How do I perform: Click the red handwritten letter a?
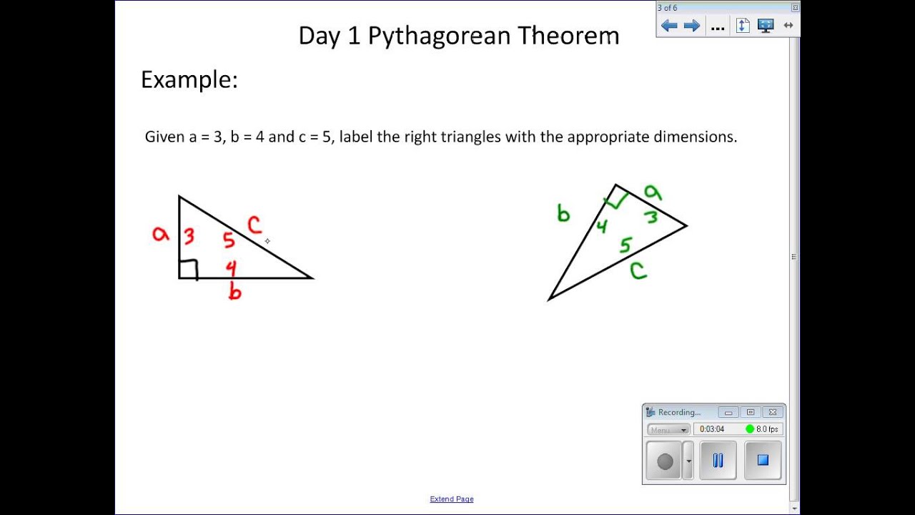click(x=161, y=234)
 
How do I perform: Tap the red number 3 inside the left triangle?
click(x=189, y=236)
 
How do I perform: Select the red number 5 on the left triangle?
click(x=229, y=240)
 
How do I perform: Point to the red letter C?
click(x=254, y=225)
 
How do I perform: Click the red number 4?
click(x=231, y=268)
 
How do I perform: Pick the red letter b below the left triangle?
click(x=234, y=291)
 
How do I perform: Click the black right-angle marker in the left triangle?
click(x=189, y=269)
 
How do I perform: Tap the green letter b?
click(x=563, y=213)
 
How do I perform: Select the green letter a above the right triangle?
click(x=653, y=192)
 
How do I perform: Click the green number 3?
click(x=651, y=216)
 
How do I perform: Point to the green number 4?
click(x=602, y=227)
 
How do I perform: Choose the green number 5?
click(x=625, y=245)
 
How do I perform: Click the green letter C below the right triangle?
click(x=638, y=270)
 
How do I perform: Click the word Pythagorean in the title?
click(x=439, y=36)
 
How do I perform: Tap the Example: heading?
click(x=189, y=79)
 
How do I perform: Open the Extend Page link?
click(x=452, y=499)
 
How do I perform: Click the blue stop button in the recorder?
click(x=763, y=461)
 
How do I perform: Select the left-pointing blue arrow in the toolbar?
click(x=669, y=26)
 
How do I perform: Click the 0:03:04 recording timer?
click(x=712, y=429)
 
